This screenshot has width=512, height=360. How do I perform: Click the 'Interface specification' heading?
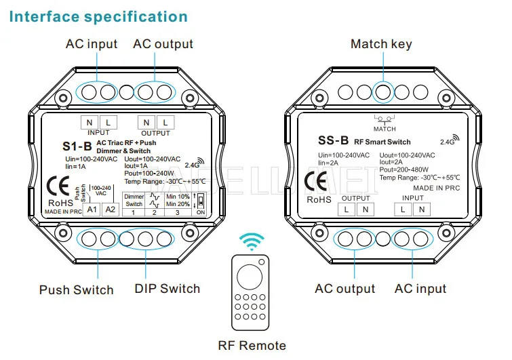click(x=98, y=16)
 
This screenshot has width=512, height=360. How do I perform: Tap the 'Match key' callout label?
click(x=381, y=45)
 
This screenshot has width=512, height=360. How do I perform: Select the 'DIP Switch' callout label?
click(x=167, y=289)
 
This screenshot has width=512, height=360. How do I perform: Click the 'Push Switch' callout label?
click(x=77, y=290)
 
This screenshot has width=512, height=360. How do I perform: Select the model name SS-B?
click(x=334, y=141)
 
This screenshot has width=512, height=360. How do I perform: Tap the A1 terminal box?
click(x=91, y=209)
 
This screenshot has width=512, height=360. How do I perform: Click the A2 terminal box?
click(x=110, y=209)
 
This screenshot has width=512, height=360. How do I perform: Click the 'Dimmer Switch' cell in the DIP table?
click(x=134, y=200)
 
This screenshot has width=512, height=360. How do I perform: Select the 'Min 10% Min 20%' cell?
click(x=178, y=200)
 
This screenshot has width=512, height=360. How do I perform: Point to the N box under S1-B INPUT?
click(x=90, y=123)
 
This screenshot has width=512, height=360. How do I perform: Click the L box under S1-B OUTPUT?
click(x=163, y=123)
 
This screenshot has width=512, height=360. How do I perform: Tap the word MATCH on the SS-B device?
click(x=385, y=128)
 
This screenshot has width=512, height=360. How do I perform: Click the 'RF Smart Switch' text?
click(x=384, y=142)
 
